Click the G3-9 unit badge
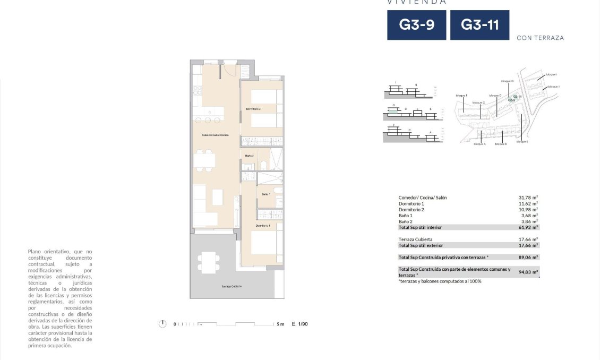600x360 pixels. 416,25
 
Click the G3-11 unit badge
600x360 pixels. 479,25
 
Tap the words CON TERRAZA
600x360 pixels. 540,38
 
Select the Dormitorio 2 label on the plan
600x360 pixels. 253,109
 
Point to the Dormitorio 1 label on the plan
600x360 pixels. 263,226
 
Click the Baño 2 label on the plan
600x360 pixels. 250,156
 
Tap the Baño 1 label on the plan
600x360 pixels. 266,194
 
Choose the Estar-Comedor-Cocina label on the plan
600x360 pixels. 215,135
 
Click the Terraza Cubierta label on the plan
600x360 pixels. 232,286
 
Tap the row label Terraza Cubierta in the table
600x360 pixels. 415,239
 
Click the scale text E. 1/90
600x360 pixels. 299,324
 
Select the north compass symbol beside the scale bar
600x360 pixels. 162,324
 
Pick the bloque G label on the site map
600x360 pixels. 507,81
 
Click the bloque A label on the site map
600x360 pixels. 479,144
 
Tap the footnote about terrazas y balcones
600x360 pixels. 440,281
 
